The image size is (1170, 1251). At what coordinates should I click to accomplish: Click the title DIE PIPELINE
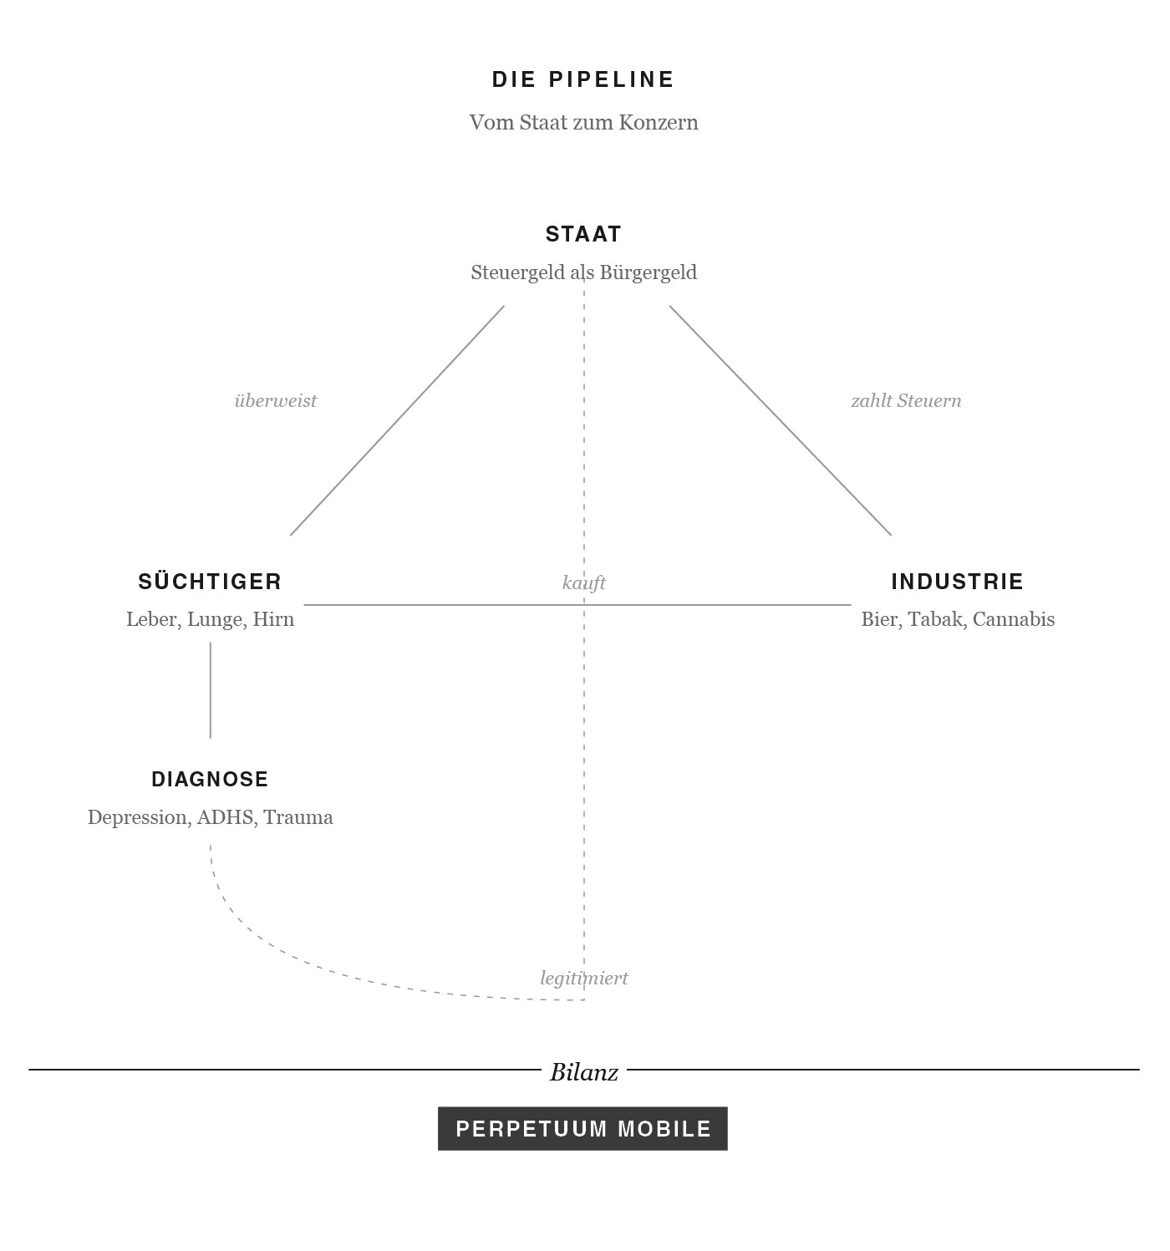click(583, 79)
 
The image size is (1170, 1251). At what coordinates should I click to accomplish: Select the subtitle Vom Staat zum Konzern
click(583, 122)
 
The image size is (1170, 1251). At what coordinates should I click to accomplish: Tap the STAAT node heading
click(583, 234)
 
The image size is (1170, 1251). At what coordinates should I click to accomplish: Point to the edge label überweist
click(276, 400)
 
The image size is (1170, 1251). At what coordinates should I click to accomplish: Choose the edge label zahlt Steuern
click(906, 400)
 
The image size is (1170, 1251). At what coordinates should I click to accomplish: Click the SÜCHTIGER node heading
click(210, 582)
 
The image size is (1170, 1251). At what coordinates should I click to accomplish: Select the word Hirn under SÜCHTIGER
click(273, 619)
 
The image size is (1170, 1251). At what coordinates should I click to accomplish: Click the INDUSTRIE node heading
click(957, 582)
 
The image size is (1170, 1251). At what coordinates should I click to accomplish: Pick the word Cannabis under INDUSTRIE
click(1013, 619)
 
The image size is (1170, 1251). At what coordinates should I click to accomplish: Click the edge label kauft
click(583, 582)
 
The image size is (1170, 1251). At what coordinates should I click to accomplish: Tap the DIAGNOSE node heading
click(210, 779)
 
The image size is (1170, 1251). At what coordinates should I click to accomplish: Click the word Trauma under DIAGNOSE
click(298, 817)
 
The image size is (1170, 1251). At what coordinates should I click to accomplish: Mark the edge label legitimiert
click(583, 978)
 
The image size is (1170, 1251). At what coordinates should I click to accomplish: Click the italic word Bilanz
click(583, 1072)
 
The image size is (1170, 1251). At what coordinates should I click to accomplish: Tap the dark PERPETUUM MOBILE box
click(582, 1128)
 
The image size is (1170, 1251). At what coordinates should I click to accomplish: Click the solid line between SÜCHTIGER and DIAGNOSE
click(210, 689)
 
